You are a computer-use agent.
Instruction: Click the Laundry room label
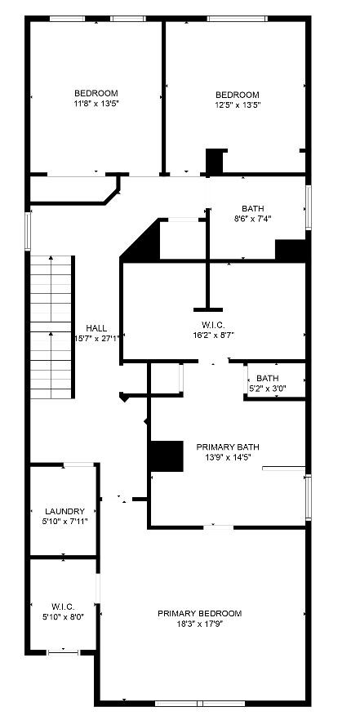(x=64, y=511)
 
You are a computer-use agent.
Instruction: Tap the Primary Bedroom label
(x=200, y=613)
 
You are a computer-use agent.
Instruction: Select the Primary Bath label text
(x=228, y=447)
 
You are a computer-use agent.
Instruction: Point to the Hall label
(x=96, y=327)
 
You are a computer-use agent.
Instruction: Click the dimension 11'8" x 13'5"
(x=96, y=104)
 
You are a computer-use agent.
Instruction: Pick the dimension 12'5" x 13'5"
(x=238, y=105)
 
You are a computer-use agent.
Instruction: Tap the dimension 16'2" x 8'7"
(x=213, y=335)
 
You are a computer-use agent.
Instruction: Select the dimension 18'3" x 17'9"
(x=200, y=624)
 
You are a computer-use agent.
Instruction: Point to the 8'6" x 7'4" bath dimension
(x=252, y=219)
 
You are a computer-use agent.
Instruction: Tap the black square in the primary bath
(x=166, y=456)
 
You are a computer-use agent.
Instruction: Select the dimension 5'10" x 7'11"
(x=64, y=521)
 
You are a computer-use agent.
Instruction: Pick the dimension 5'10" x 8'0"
(x=63, y=617)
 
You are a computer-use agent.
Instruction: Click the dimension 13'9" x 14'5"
(x=228, y=457)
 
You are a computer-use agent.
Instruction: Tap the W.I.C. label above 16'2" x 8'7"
(x=213, y=324)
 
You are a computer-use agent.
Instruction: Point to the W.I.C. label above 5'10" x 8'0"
(x=63, y=607)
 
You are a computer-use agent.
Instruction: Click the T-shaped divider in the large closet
(x=207, y=294)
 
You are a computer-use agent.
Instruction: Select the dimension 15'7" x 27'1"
(x=97, y=338)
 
